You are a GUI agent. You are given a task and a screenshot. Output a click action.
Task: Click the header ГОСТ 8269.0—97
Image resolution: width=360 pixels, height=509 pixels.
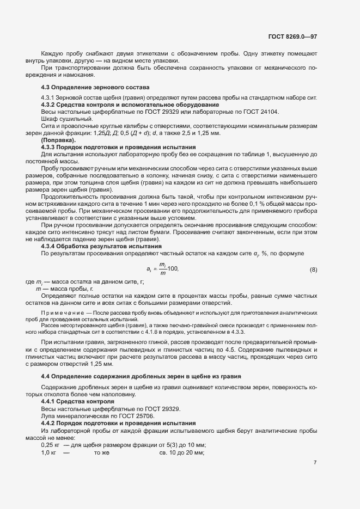click(x=292, y=37)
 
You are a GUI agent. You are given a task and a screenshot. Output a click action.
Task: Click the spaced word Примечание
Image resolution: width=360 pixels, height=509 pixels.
click(x=63, y=314)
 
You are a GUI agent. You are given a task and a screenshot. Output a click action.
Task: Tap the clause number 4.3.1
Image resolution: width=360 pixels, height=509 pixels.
click(x=49, y=97)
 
